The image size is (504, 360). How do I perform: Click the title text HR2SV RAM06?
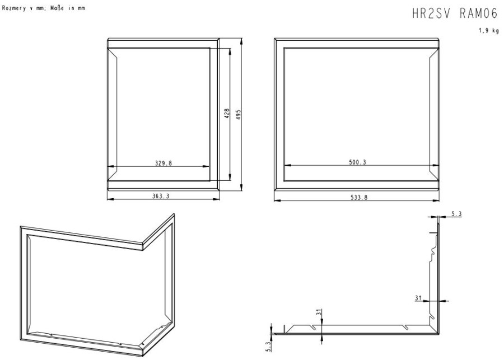[x=455, y=14]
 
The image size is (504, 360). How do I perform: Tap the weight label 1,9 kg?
[x=488, y=31]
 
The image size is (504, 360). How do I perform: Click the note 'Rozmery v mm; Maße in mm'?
[x=44, y=8]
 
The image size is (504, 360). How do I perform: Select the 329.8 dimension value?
[x=164, y=163]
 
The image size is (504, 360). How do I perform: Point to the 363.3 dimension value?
[x=160, y=196]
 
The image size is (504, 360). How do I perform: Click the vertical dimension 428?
[x=227, y=114]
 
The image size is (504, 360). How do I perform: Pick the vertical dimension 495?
[x=238, y=115]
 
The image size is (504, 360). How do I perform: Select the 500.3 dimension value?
[x=357, y=162]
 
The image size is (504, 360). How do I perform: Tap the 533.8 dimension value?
[x=359, y=198]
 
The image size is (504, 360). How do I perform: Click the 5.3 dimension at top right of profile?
[x=456, y=214]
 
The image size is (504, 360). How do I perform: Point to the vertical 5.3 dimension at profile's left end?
[x=269, y=347]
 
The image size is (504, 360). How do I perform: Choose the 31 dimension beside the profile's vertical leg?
[x=418, y=298]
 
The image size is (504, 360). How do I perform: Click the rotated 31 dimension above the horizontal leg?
[x=319, y=312]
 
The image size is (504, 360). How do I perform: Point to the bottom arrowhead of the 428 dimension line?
[x=230, y=177]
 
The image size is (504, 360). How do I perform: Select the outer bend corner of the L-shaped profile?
[x=438, y=334]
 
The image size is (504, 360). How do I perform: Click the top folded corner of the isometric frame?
[x=142, y=244]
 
